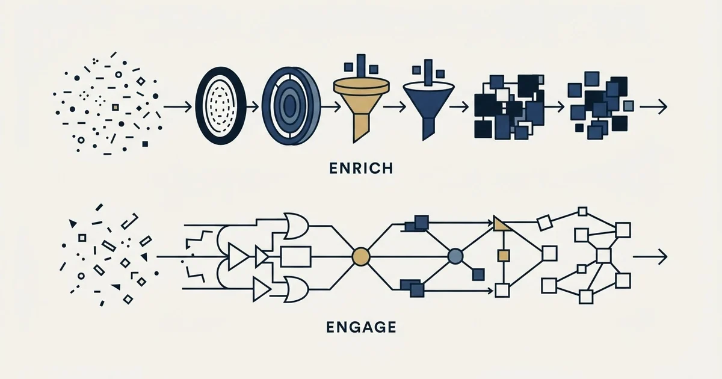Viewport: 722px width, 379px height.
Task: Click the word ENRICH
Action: [x=361, y=168]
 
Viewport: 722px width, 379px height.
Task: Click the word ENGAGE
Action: [x=361, y=327]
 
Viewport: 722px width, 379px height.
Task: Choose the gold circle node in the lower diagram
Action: [x=360, y=256]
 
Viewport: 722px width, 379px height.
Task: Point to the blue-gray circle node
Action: [x=455, y=256]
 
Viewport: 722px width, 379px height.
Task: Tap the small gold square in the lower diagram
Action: [x=503, y=256]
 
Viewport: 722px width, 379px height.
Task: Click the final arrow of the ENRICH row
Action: [x=653, y=106]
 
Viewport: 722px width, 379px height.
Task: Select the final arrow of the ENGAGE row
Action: [x=650, y=257]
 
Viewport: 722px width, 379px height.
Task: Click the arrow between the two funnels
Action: [x=394, y=106]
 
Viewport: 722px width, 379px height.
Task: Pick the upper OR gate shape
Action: [x=296, y=226]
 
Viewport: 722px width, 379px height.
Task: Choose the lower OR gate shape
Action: [x=296, y=289]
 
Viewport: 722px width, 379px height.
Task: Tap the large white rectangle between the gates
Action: [x=296, y=257]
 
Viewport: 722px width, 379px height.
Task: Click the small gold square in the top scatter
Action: [x=115, y=107]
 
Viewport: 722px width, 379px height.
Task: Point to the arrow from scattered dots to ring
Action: [x=177, y=106]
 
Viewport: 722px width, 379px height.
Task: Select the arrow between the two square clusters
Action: [x=554, y=106]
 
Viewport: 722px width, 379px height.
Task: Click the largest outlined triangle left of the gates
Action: [x=238, y=257]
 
